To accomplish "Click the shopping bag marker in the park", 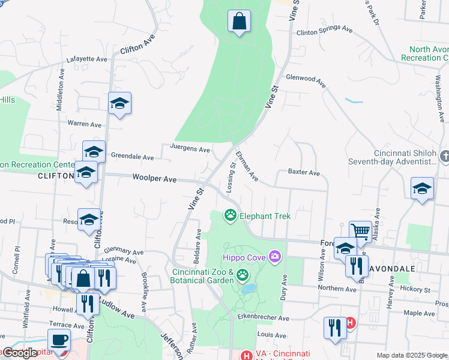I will tap(239, 22).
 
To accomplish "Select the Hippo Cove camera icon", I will tap(275, 257).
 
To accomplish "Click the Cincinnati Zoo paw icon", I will tap(243, 275).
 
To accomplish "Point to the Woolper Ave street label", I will tap(154, 179).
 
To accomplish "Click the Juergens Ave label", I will tap(190, 149).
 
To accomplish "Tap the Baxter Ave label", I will tap(304, 173).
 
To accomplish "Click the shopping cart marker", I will tap(360, 231).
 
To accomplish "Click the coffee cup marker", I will tap(59, 340).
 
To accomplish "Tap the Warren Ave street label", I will tap(85, 124).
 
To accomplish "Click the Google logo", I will tap(20, 353).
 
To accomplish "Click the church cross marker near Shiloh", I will tap(445, 157).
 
